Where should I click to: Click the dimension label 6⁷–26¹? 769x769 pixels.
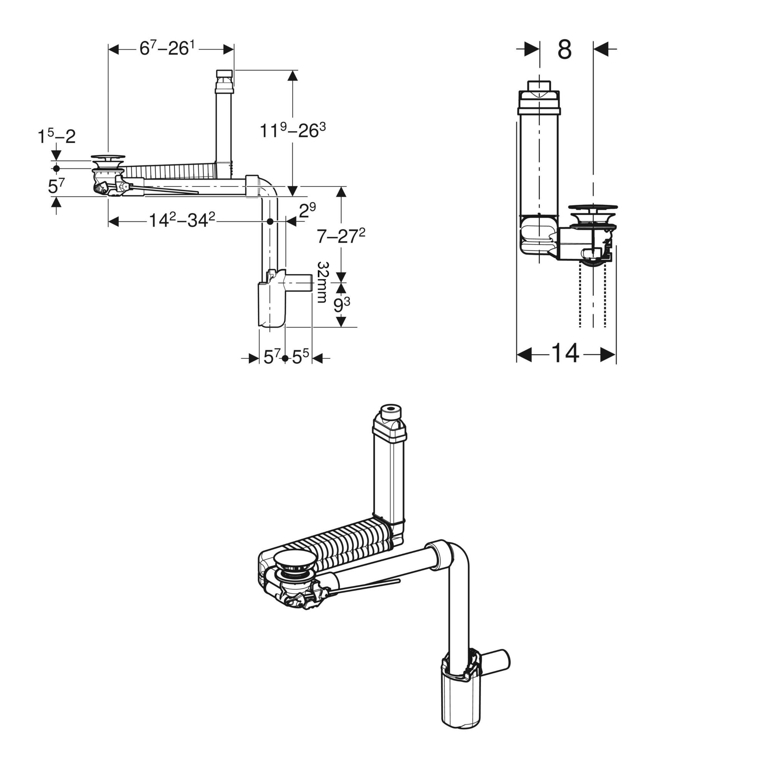pyautogui.click(x=167, y=48)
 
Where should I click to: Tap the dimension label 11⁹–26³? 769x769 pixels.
pyautogui.click(x=293, y=130)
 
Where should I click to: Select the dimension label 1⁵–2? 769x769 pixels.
pyautogui.click(x=57, y=136)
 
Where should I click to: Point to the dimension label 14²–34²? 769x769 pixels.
pyautogui.click(x=182, y=220)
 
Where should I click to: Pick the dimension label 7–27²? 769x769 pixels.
pyautogui.click(x=341, y=236)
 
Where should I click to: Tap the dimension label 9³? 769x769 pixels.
pyautogui.click(x=341, y=305)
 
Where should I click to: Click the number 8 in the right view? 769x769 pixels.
pyautogui.click(x=564, y=50)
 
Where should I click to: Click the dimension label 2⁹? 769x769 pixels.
pyautogui.click(x=307, y=210)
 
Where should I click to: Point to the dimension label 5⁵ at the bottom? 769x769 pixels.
pyautogui.click(x=301, y=357)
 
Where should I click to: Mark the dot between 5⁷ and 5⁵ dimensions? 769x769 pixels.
pyautogui.click(x=285, y=358)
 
